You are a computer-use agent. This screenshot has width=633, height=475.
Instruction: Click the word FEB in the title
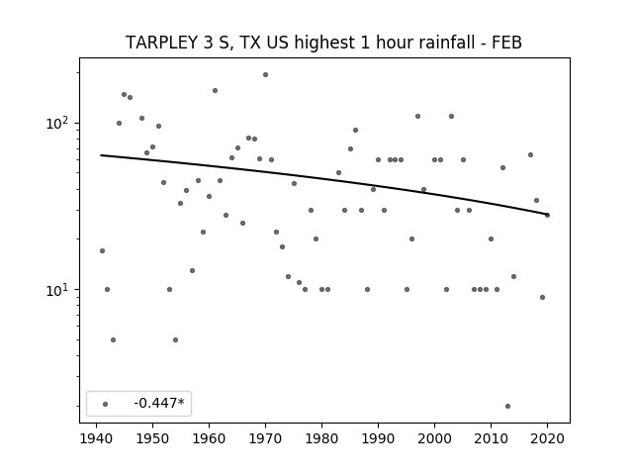pyautogui.click(x=506, y=43)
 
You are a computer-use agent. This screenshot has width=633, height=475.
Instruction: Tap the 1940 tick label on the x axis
pyautogui.click(x=97, y=438)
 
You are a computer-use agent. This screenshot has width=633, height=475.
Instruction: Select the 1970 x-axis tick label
pyautogui.click(x=266, y=438)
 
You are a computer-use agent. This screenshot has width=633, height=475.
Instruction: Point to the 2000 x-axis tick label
pyautogui.click(x=435, y=438)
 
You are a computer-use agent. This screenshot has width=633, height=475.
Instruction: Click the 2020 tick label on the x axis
pyautogui.click(x=547, y=438)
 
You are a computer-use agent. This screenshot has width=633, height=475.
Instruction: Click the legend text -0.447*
pyautogui.click(x=159, y=403)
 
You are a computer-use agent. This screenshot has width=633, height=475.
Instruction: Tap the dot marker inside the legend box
pyautogui.click(x=106, y=404)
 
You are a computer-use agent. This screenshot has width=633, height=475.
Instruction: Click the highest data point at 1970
pyautogui.click(x=266, y=75)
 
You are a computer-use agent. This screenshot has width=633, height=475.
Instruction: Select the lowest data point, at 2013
pyautogui.click(x=507, y=406)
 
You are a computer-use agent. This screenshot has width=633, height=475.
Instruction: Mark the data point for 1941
pyautogui.click(x=102, y=250)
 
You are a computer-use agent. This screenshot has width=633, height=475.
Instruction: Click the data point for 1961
pyautogui.click(x=216, y=90)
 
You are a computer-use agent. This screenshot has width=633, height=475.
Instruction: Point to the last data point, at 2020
pyautogui.click(x=547, y=216)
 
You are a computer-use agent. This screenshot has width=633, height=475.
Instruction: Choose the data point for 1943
pyautogui.click(x=114, y=339)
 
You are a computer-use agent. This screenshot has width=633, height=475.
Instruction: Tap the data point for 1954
pyautogui.click(x=176, y=339)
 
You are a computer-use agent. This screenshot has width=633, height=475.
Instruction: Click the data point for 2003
pyautogui.click(x=451, y=117)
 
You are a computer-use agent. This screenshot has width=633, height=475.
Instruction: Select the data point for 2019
pyautogui.click(x=542, y=297)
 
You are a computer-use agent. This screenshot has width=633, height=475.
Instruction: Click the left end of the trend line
pyautogui.click(x=101, y=155)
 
